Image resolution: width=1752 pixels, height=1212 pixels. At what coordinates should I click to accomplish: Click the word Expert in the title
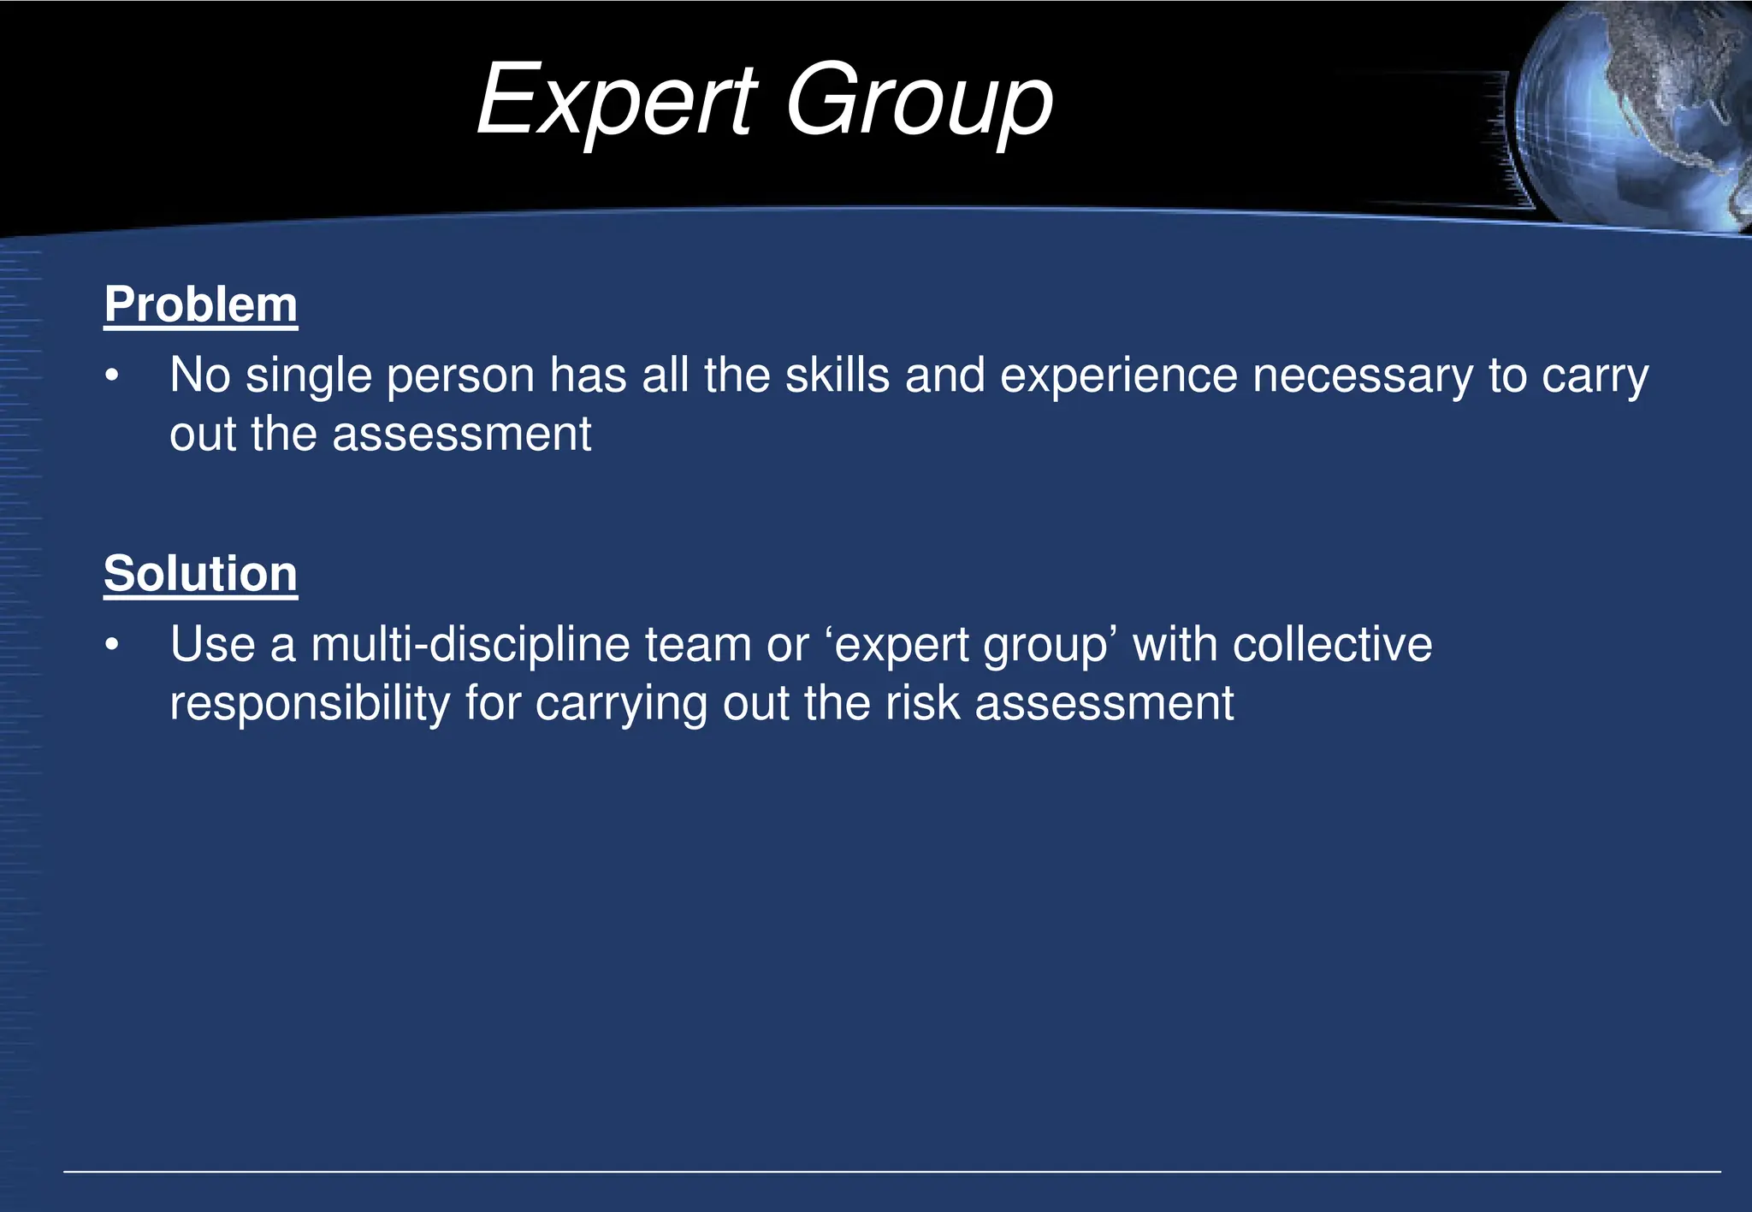[617, 101]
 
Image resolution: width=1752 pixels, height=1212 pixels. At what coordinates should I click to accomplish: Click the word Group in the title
[919, 101]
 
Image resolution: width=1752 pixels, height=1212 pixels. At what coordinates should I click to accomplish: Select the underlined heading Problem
[200, 304]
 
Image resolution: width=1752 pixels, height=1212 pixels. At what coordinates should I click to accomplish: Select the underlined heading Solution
[200, 573]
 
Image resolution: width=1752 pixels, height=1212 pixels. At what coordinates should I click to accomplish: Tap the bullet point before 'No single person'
[112, 376]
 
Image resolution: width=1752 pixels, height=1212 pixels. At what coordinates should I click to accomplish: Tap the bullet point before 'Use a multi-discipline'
[112, 646]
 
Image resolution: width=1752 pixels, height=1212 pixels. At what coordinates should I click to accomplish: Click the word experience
[1118, 377]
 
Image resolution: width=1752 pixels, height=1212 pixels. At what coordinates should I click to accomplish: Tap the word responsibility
[310, 704]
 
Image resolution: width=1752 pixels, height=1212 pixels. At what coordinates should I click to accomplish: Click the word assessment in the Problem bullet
[461, 435]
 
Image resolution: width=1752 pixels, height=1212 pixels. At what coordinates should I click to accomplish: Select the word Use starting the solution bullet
[212, 645]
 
